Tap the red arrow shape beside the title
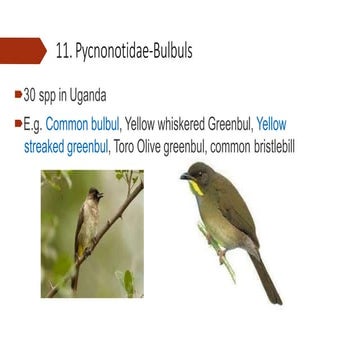click(23, 49)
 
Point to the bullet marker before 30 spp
click(18, 96)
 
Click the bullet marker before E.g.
click(18, 125)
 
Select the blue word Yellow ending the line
click(271, 125)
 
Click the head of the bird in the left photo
click(95, 193)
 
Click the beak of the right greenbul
click(184, 177)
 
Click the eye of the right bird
click(196, 173)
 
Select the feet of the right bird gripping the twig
click(220, 250)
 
